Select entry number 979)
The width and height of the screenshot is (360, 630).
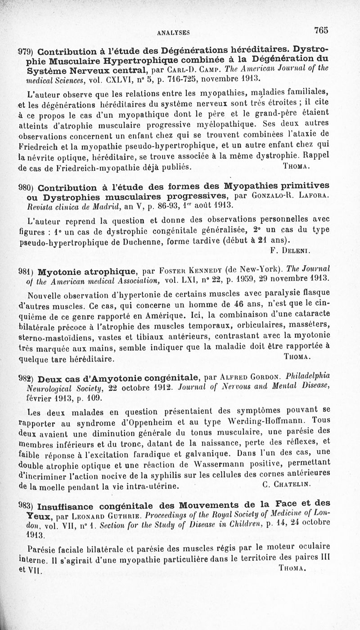[26, 51]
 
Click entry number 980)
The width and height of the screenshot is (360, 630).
[26, 188]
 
